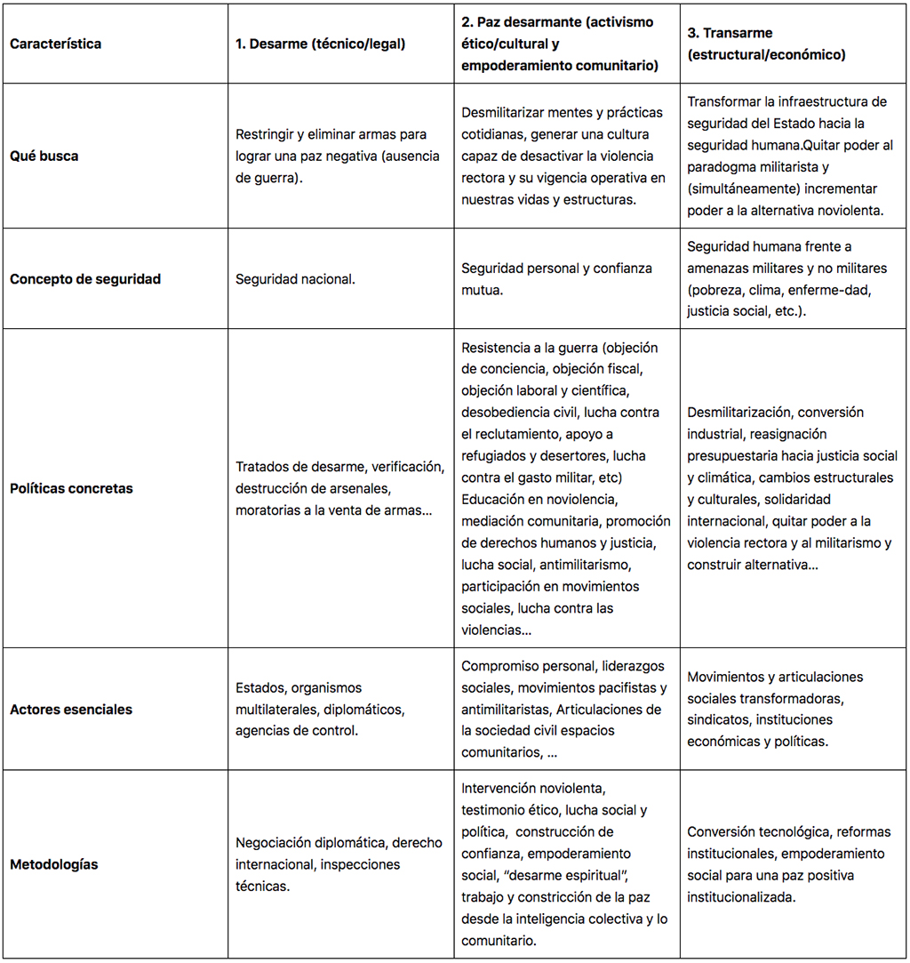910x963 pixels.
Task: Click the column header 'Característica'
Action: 56,44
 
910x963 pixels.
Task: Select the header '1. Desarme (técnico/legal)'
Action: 320,44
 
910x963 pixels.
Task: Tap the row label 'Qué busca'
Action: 44,156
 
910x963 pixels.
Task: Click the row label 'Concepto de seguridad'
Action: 85,278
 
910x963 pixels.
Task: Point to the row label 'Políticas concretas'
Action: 71,488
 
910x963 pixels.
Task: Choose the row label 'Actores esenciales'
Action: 71,709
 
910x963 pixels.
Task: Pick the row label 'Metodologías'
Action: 54,864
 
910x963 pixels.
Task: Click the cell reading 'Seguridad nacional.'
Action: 295,278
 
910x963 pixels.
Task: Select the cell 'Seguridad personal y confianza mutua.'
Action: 556,278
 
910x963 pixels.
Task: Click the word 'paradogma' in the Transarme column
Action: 721,166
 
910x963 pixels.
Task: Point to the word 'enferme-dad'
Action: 850,290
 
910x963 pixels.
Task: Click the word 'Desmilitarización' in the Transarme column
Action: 738,413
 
